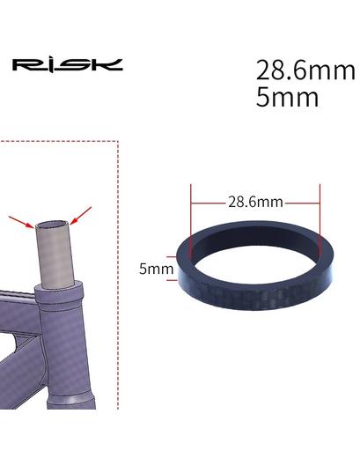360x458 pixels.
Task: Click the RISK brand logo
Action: click(x=67, y=65)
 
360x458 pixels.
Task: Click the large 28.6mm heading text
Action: click(x=305, y=70)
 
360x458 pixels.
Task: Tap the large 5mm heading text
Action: click(x=287, y=97)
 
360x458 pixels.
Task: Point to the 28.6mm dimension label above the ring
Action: click(x=255, y=202)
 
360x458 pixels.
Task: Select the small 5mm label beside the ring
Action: click(x=156, y=269)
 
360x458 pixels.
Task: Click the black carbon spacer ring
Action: click(x=254, y=297)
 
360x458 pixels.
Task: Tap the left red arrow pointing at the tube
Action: click(x=21, y=222)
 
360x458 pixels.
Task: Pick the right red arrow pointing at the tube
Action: click(x=81, y=216)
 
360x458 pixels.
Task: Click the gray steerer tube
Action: click(x=55, y=255)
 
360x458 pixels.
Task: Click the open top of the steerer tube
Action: click(x=53, y=225)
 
